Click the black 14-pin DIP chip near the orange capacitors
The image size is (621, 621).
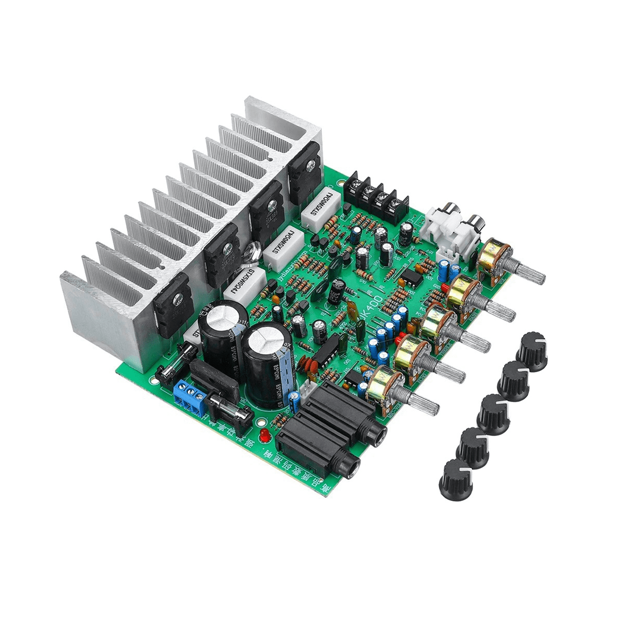click(x=324, y=353)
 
